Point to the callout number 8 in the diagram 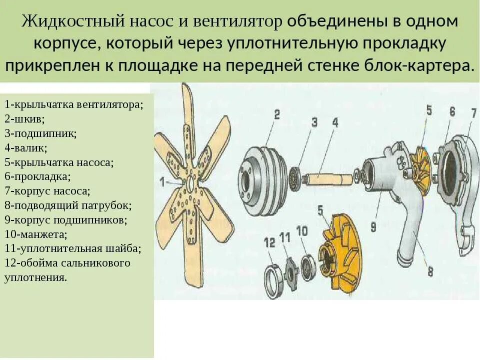[430, 271]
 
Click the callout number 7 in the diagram [473, 113]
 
